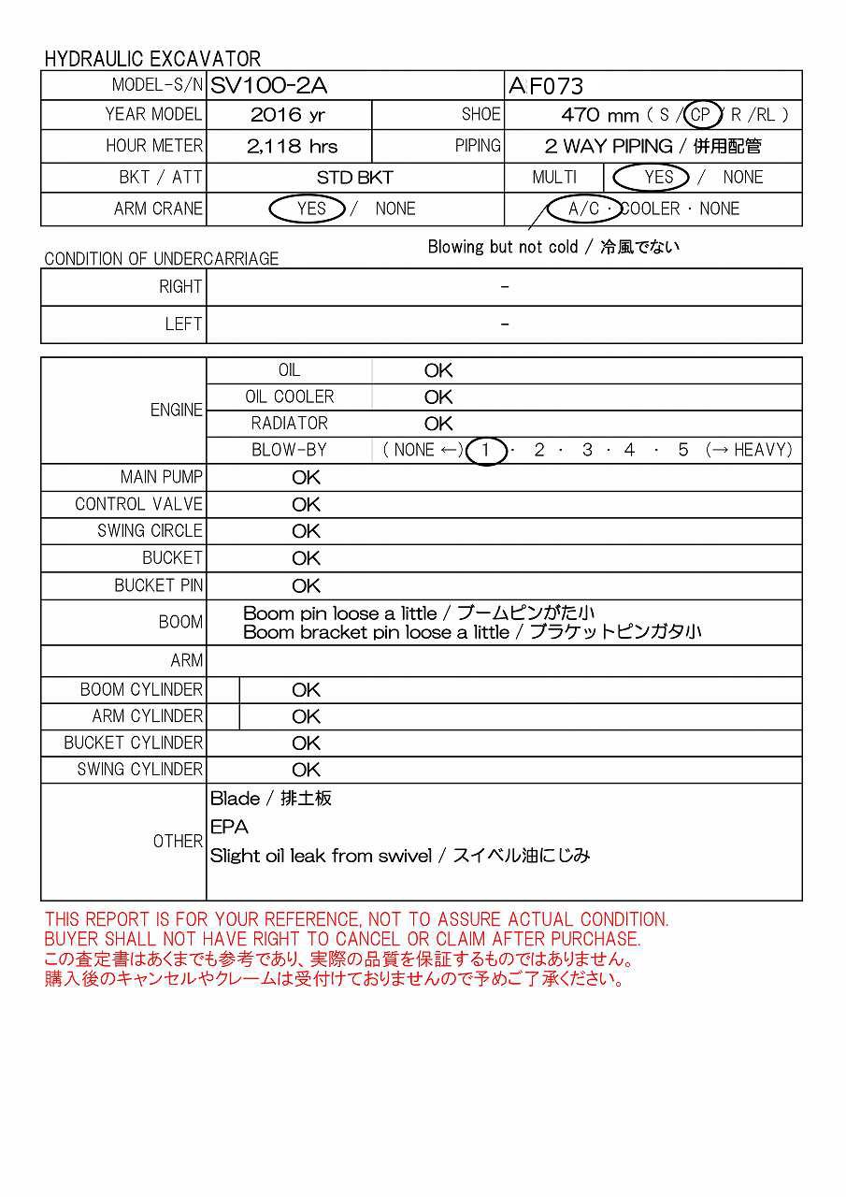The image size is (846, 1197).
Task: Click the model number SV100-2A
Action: (268, 86)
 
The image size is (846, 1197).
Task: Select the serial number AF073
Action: (546, 86)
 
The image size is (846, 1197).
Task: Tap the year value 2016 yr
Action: (289, 115)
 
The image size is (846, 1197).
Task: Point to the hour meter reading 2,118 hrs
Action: (292, 146)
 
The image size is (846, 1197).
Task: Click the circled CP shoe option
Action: (701, 115)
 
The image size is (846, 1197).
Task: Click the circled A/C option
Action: (584, 209)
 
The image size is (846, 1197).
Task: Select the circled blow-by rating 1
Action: (485, 450)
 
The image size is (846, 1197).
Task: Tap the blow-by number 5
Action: (683, 450)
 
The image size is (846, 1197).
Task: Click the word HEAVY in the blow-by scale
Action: (761, 450)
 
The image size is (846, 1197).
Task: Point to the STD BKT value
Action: (354, 178)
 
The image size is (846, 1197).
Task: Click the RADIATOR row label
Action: (289, 424)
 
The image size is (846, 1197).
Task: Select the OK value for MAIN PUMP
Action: (306, 478)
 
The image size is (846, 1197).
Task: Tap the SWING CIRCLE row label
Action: (150, 531)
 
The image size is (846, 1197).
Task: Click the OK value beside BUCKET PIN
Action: (306, 586)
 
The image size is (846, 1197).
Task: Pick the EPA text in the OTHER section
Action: (229, 828)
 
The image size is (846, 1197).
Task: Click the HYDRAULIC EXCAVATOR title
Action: (152, 59)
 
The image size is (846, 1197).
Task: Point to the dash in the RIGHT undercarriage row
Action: (505, 287)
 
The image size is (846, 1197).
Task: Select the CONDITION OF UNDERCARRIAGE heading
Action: (161, 259)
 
